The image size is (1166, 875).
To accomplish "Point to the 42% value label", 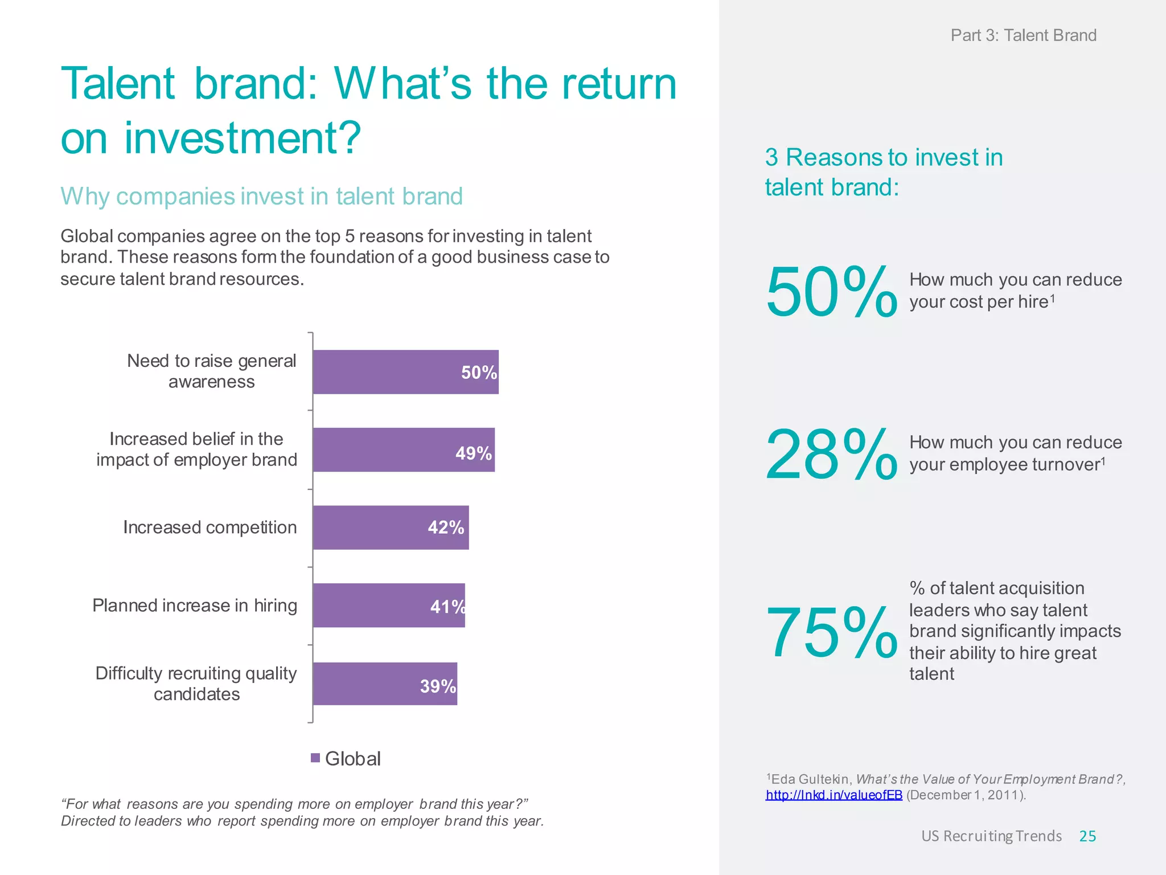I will pos(446,528).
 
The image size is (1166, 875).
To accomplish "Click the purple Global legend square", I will pos(315,758).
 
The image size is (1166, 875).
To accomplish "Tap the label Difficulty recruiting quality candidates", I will pos(196,684).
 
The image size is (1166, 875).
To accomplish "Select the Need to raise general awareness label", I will pos(211,371).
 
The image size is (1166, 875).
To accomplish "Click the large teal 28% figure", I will pos(831,455).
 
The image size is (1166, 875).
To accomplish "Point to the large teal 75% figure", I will pos(831,632).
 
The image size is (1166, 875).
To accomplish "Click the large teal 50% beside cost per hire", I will pos(831,292).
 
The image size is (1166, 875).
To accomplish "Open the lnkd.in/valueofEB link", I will pos(834,795).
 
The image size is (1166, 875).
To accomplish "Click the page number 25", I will pos(1087,836).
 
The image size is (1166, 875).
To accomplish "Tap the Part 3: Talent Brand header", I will pos(1023,35).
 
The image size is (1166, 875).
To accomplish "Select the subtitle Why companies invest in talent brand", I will pos(261,197).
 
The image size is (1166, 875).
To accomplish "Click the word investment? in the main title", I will pos(243,138).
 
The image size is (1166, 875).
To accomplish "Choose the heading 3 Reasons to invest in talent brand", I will pos(884,172).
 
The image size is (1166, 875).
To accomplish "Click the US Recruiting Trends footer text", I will pos(991,836).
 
